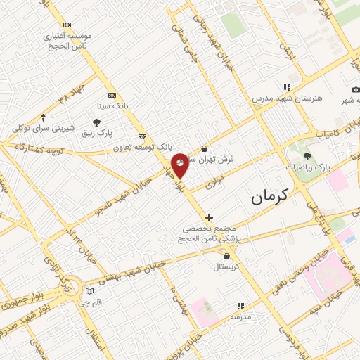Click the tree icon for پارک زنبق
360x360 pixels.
pyautogui.click(x=96, y=122)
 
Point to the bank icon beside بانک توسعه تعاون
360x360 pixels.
pyautogui.click(x=143, y=136)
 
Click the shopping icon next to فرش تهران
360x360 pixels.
pyautogui.click(x=204, y=148)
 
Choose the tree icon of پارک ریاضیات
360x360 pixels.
pyautogui.click(x=307, y=156)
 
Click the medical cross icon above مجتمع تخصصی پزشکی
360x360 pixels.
pyautogui.click(x=209, y=218)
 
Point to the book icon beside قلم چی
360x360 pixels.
pyautogui.click(x=89, y=291)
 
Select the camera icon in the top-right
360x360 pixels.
pyautogui.click(x=356, y=89)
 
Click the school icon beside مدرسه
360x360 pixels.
pyautogui.click(x=240, y=306)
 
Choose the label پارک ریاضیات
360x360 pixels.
pyautogui.click(x=308, y=168)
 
